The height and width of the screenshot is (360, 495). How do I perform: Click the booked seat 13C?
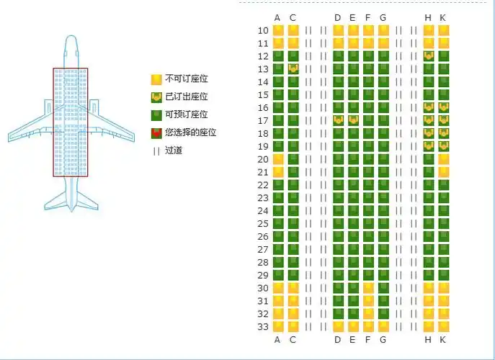[x=293, y=69]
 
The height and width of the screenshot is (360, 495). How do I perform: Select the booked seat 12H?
[x=429, y=56]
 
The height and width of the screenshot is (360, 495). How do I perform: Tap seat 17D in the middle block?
[x=339, y=121]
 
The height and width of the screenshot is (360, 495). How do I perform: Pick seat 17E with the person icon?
[x=353, y=121]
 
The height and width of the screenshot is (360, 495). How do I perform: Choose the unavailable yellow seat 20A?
[x=278, y=159]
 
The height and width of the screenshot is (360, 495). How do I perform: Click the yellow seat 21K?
[x=444, y=172]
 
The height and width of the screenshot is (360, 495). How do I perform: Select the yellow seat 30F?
[x=368, y=289]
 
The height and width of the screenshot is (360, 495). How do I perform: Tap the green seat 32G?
[x=383, y=314]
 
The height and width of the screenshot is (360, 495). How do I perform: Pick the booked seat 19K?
[x=444, y=146]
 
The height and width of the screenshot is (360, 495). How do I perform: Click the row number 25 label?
[x=263, y=224]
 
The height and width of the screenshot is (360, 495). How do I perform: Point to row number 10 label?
[x=263, y=31]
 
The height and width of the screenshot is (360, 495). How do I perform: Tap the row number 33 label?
[x=263, y=327]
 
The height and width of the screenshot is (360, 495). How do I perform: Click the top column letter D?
[x=338, y=18]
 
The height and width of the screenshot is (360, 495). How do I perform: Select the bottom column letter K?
[x=442, y=340]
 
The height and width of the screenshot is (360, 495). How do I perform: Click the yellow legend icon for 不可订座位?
[x=156, y=79]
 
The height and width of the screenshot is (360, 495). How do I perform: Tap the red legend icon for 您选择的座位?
[x=156, y=133]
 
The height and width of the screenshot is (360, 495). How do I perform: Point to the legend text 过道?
[x=174, y=150]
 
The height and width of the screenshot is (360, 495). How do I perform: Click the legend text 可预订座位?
[x=187, y=114]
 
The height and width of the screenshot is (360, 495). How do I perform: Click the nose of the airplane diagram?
[x=71, y=37]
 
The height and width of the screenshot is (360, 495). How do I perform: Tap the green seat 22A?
[x=278, y=185]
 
